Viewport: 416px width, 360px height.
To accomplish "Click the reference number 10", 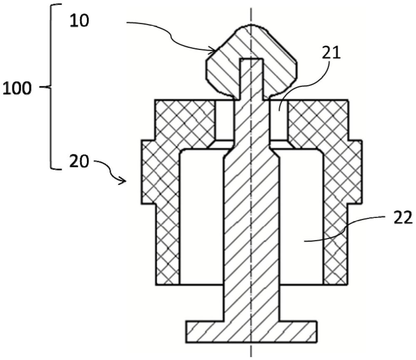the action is (79, 21).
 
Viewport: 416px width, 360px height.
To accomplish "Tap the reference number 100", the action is (17, 88).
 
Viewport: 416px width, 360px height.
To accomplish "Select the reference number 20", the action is (79, 161).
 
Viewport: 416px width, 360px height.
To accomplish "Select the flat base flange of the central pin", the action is (251, 332).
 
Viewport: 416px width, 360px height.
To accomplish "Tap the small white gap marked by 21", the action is (278, 120).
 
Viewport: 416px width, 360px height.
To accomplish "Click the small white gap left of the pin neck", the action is (225, 120).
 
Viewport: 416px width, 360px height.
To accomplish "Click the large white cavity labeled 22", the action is (301, 216).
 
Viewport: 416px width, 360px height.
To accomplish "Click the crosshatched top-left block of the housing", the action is (185, 120).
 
